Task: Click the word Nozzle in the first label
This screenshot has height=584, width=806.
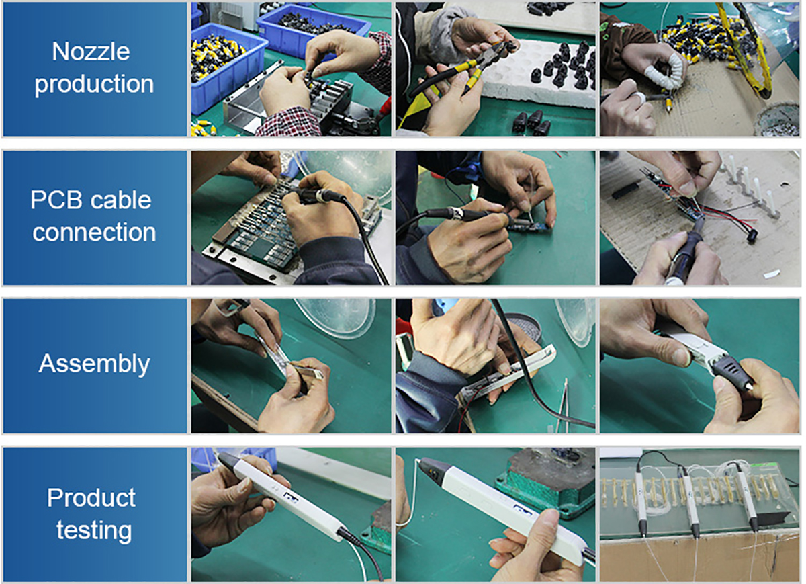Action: point(91,52)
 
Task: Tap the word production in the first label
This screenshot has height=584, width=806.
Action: point(94,85)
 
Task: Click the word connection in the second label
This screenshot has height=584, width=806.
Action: point(94,233)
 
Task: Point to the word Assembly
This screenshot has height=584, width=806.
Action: point(94,364)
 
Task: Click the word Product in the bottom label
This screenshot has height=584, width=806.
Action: point(91,498)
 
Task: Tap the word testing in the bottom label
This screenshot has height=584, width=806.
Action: point(94,531)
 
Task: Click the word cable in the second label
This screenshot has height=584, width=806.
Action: point(120,200)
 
